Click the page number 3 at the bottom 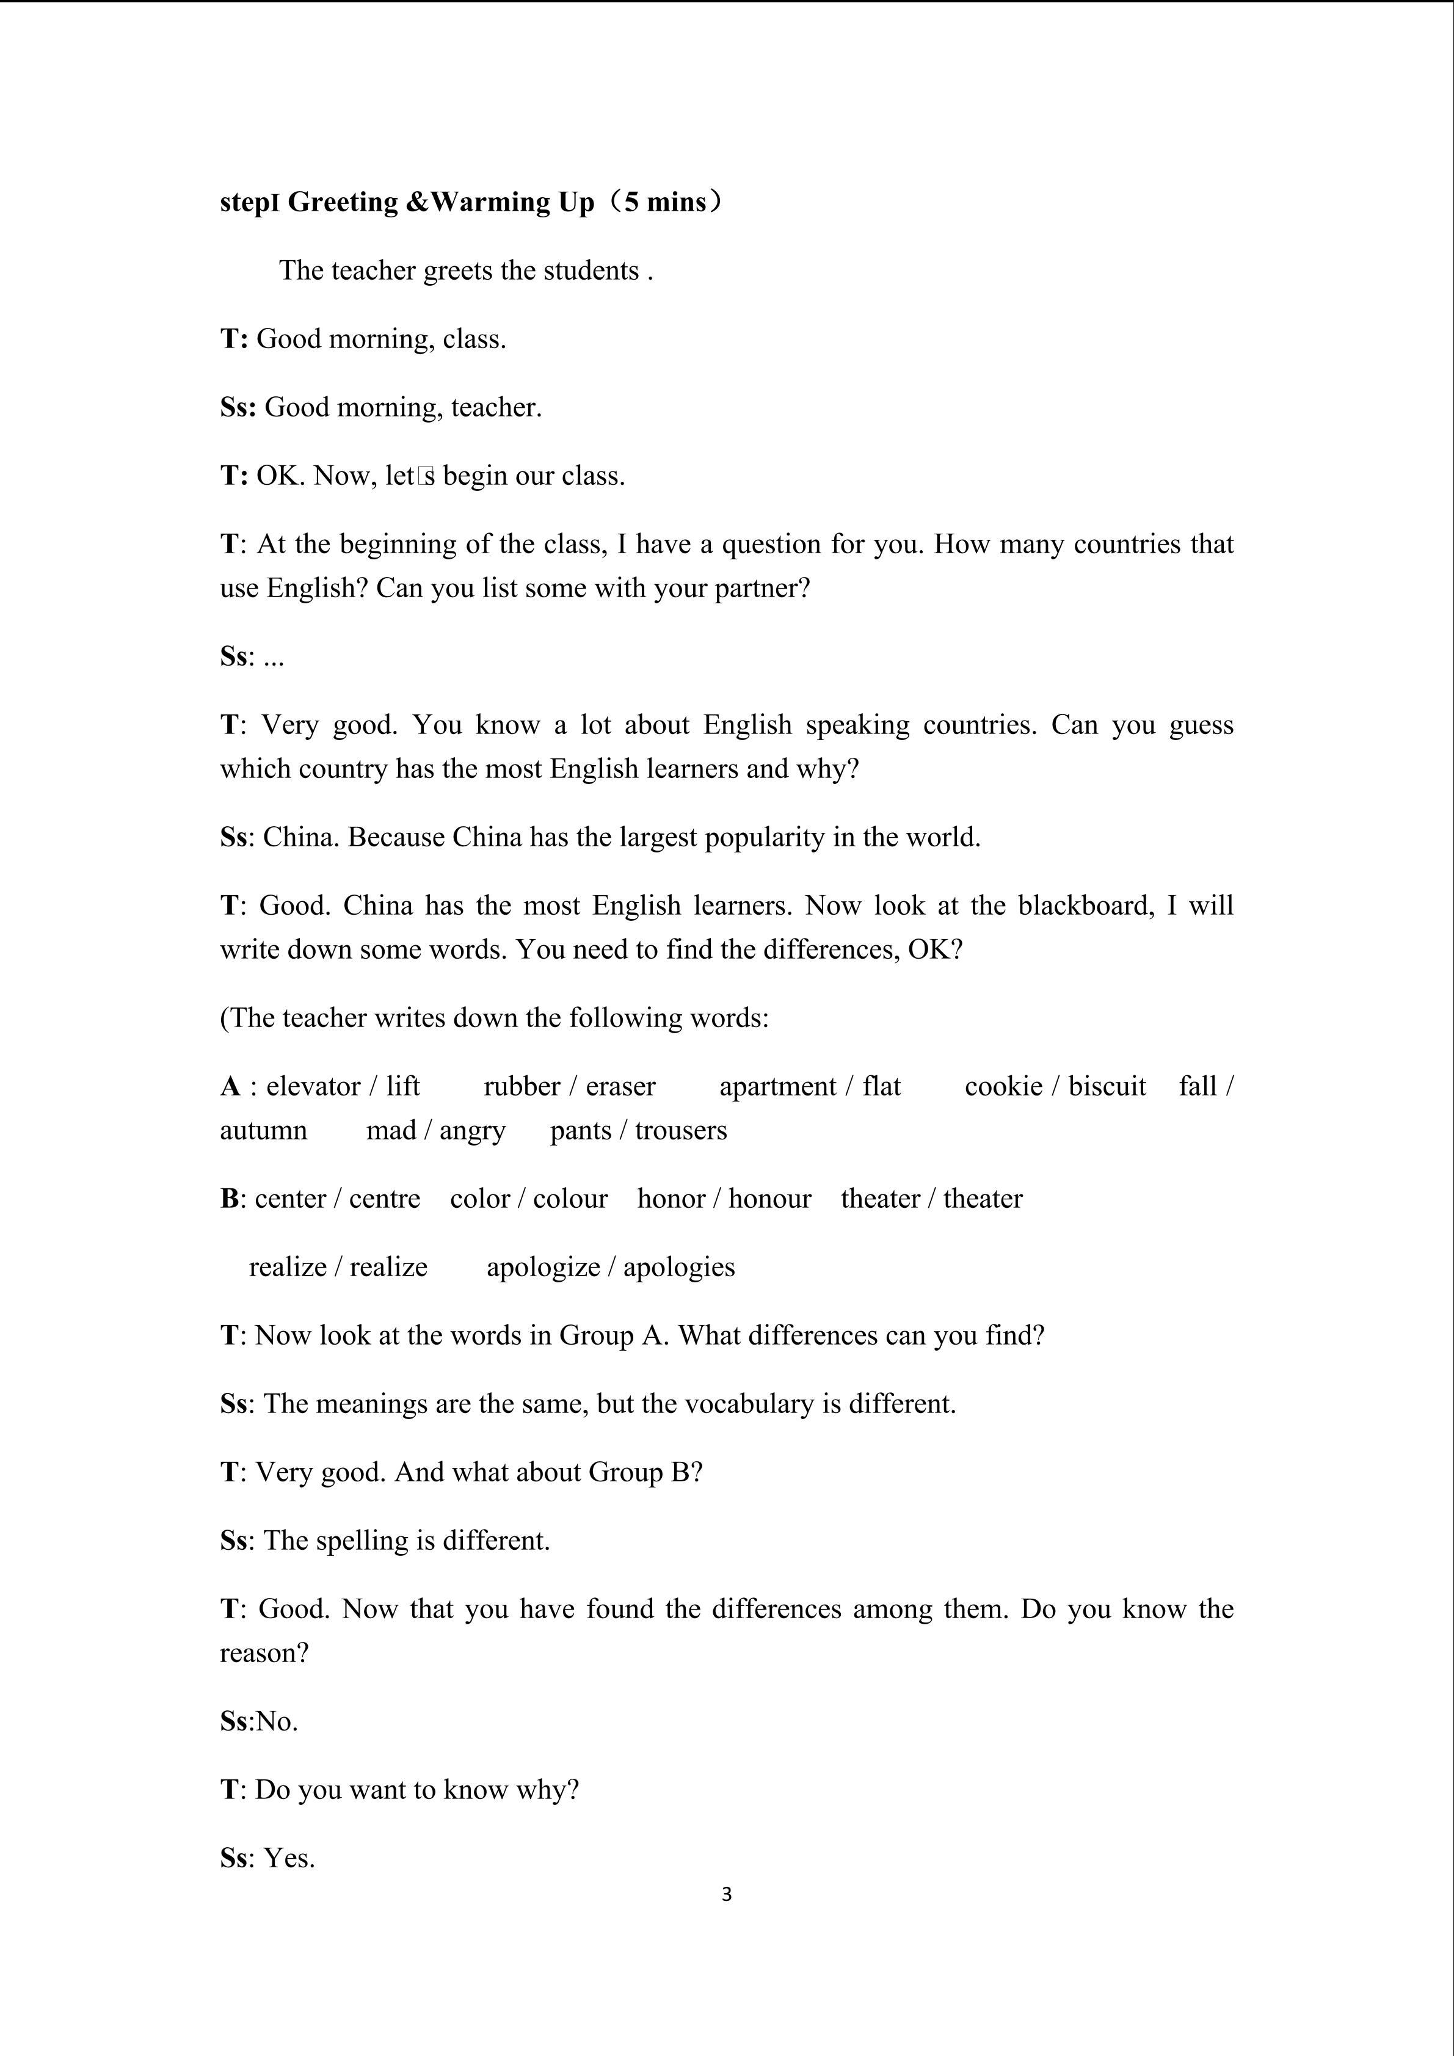click(x=726, y=1894)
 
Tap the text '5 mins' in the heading click(x=665, y=202)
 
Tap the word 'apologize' click(x=542, y=1267)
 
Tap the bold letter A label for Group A click(x=230, y=1086)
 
